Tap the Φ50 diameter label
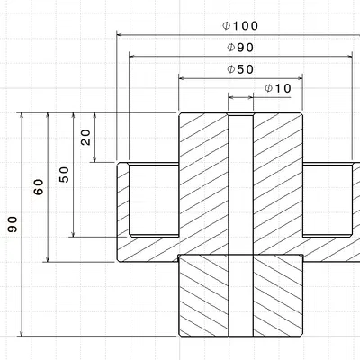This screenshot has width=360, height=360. pos(240,68)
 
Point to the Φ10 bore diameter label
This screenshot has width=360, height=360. pos(278,88)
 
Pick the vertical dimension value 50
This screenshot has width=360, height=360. pos(63,175)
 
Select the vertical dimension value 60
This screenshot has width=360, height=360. pos(39,187)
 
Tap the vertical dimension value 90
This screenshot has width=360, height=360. pos(12,224)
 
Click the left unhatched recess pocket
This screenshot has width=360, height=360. pos(154,200)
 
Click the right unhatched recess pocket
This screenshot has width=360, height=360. pos(327,200)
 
